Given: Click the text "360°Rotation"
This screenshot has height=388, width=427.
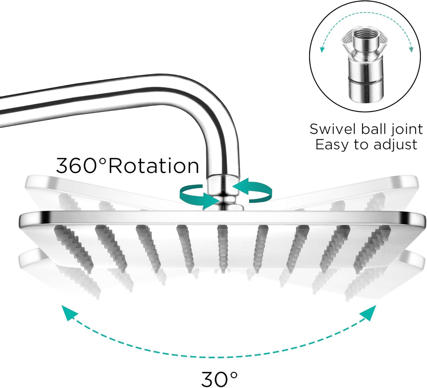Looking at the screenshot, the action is pos(128,166).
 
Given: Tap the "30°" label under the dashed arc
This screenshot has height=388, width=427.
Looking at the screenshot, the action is pos(219,379).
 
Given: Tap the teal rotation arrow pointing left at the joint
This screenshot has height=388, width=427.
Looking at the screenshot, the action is pos(252,191).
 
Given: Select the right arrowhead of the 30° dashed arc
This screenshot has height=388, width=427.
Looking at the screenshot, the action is pos(369,313).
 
